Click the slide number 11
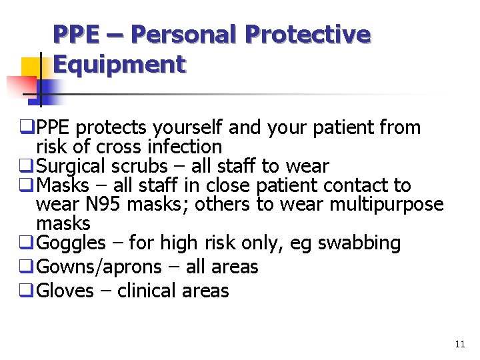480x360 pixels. (x=459, y=345)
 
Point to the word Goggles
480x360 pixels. (x=71, y=243)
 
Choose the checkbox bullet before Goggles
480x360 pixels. (x=29, y=243)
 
